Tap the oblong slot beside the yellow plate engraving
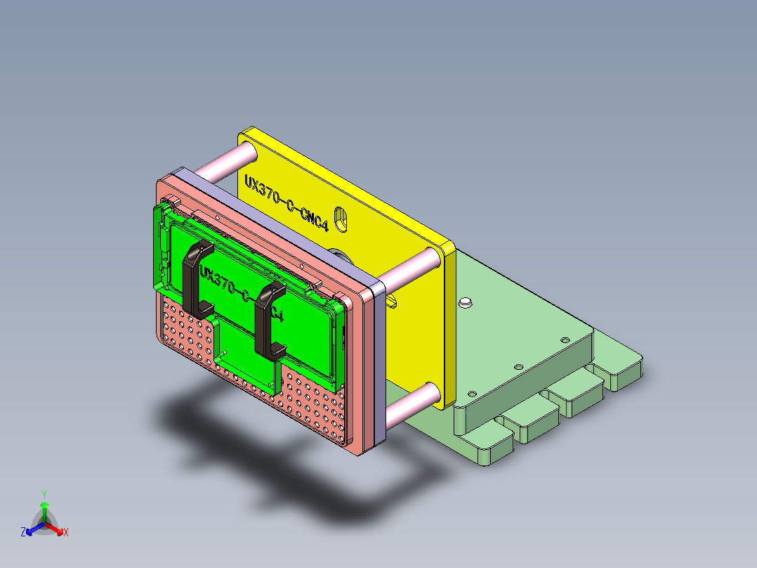click(341, 219)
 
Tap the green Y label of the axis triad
click(44, 494)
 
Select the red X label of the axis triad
click(66, 533)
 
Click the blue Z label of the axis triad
click(22, 533)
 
